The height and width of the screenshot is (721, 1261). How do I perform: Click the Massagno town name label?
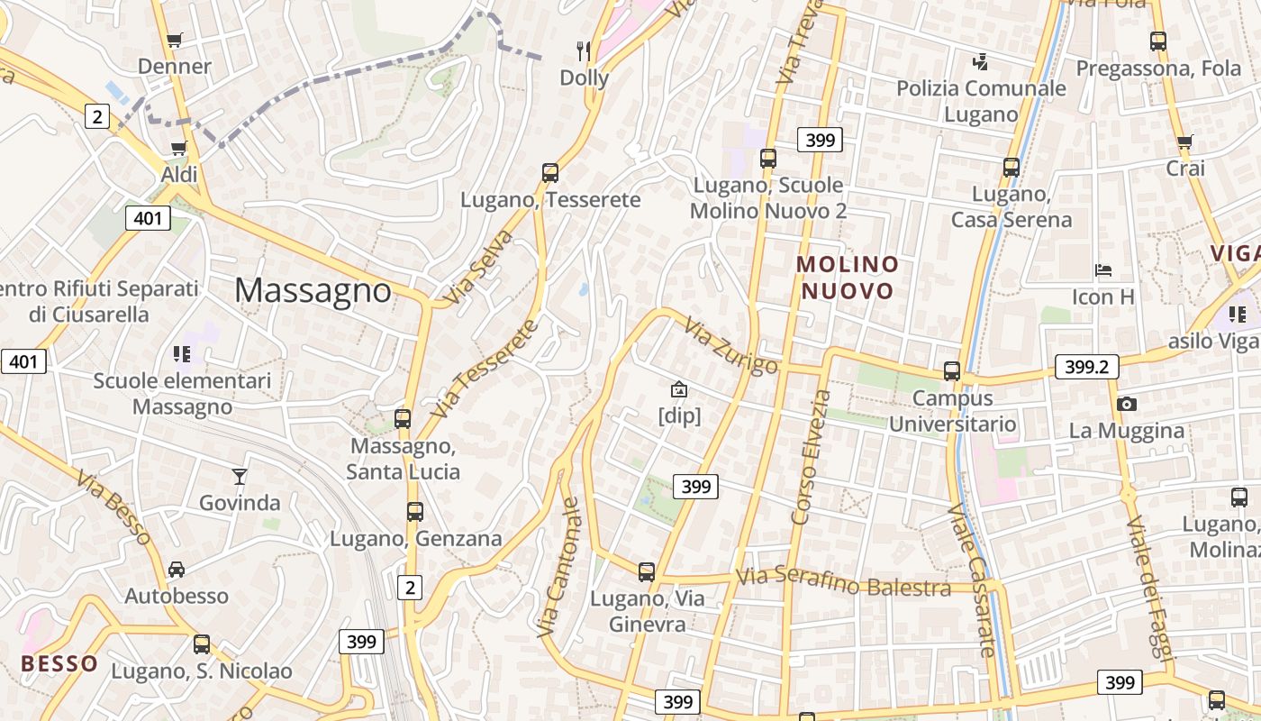pos(313,290)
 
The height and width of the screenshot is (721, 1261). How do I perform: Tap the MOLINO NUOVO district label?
pos(848,278)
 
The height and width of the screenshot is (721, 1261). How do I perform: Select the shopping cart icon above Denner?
pos(175,40)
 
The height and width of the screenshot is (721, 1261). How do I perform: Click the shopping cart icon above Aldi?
pos(179,148)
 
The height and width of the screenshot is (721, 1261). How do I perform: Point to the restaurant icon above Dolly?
pos(585,50)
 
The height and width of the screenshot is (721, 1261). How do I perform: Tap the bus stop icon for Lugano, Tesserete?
pos(550,173)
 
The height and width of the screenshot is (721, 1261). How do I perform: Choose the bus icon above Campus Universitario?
pos(952,371)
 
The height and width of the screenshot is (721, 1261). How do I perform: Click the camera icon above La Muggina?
pos(1126,404)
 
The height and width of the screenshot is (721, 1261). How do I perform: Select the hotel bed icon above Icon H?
pos(1103,269)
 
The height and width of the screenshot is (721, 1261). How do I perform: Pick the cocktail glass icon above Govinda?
pos(240,476)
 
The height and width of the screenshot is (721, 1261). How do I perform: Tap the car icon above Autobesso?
pos(177,570)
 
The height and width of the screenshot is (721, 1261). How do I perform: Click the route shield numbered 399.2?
pos(1086,366)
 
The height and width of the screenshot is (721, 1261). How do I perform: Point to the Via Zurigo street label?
pos(731,346)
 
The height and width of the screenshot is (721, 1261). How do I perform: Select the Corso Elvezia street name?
pos(810,456)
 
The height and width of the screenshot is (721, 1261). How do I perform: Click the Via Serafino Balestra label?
pos(844,581)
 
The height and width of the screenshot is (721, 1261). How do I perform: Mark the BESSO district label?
pos(59,664)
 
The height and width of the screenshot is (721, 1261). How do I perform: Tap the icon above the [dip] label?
pos(679,389)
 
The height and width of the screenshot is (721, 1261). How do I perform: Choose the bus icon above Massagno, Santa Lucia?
pos(403,419)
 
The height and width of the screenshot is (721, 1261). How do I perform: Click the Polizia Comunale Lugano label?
pos(981,101)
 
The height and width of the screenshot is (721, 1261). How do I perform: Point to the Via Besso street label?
pos(113,507)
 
